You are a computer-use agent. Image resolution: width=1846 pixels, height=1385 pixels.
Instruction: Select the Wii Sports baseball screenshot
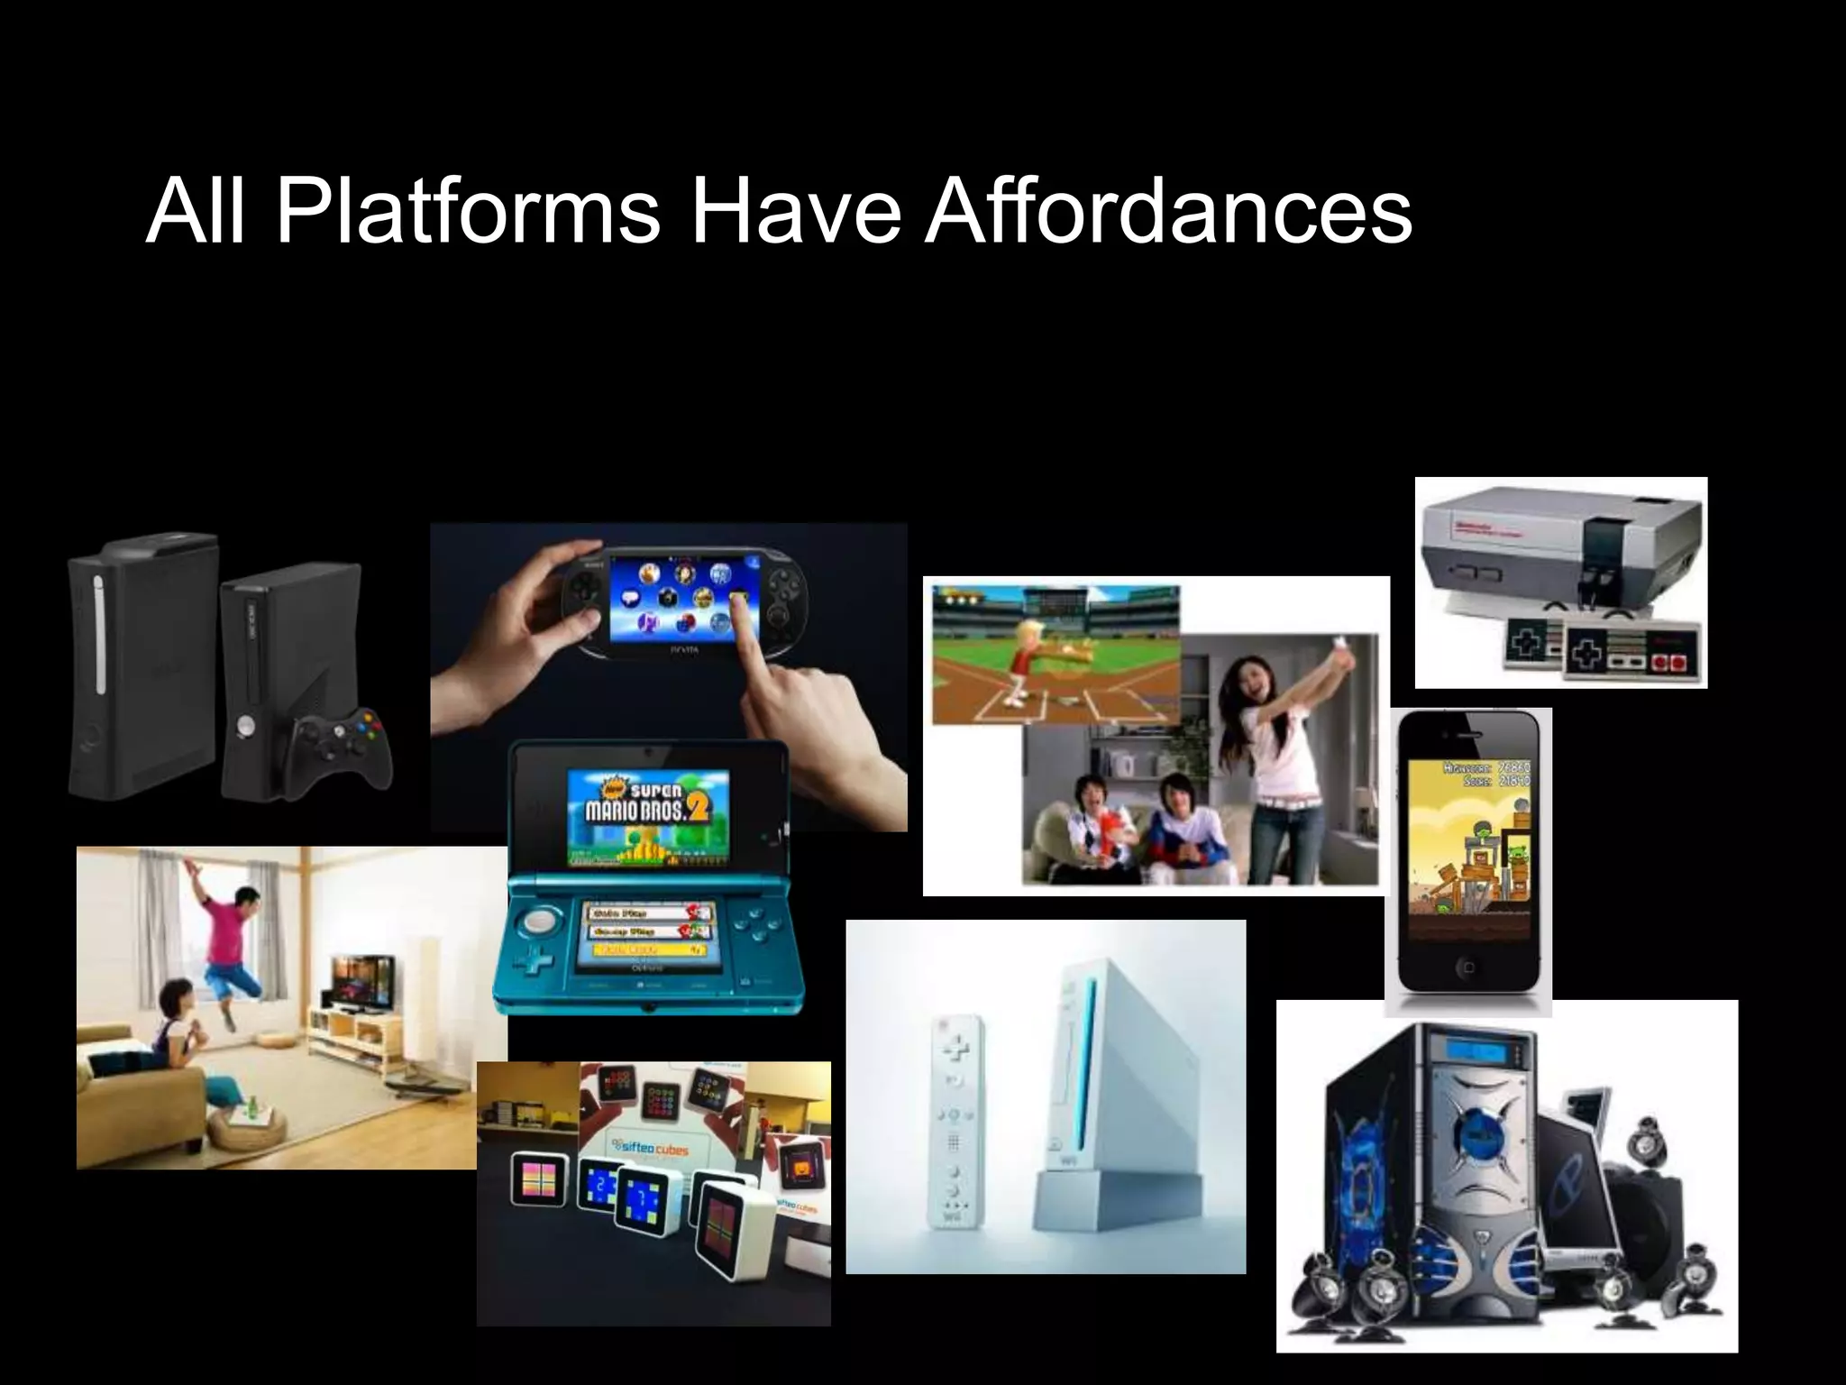click(x=1055, y=655)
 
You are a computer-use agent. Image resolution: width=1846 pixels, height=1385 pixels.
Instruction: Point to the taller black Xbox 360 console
click(x=144, y=667)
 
